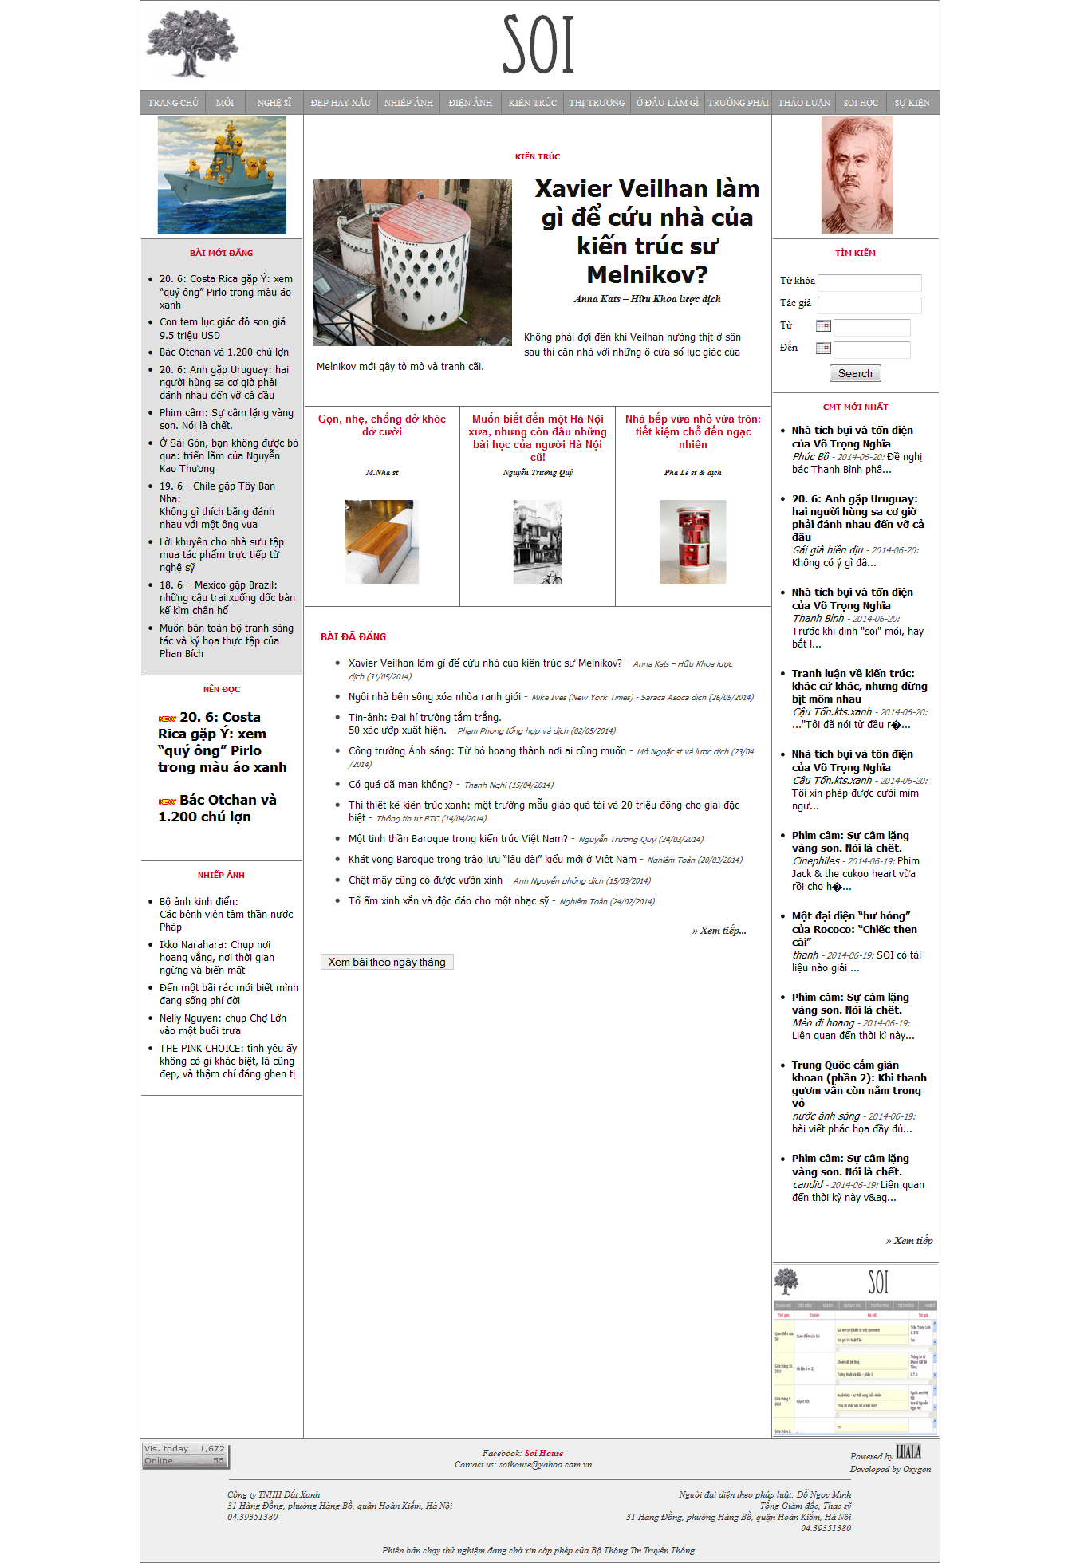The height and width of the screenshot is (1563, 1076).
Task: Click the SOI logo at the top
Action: (x=538, y=45)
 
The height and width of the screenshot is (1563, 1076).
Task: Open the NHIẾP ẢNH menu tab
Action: (x=408, y=103)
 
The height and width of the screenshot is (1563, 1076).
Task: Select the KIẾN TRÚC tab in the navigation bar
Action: (x=533, y=103)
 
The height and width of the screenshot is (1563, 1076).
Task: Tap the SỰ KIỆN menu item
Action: (x=912, y=103)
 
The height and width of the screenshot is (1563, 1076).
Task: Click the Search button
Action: (x=855, y=373)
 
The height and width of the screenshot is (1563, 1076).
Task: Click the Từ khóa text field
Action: (x=869, y=282)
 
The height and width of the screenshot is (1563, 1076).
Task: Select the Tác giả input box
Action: (x=869, y=305)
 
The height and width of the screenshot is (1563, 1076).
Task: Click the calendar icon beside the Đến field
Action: (x=823, y=348)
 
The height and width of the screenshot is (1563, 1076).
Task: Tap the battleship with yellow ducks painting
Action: (x=222, y=175)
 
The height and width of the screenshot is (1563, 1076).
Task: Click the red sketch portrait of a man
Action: (x=857, y=175)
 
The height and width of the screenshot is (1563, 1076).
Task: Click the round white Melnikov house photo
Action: (x=412, y=262)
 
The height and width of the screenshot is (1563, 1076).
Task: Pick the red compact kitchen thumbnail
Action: (x=692, y=541)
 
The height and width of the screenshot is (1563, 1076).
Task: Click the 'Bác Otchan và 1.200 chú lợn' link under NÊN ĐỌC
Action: (x=217, y=808)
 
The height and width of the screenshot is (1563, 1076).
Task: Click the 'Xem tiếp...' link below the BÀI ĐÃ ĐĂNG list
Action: (x=719, y=931)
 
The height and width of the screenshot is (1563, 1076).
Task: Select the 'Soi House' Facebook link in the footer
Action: (x=544, y=1453)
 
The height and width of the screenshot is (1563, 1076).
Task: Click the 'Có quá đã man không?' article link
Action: (x=400, y=785)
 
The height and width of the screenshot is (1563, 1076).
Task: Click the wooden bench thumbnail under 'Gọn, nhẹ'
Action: (x=381, y=541)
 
